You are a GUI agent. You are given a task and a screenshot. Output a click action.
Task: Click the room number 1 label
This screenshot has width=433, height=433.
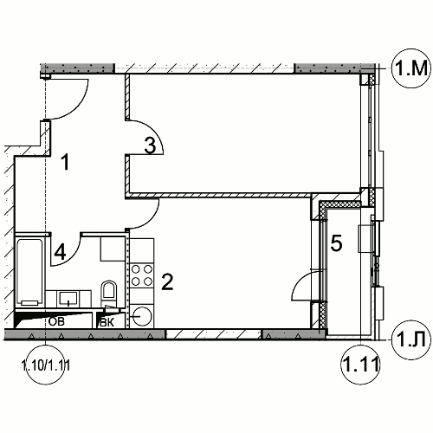(x=66, y=162)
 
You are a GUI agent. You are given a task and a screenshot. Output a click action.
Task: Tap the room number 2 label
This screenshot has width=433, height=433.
(x=167, y=281)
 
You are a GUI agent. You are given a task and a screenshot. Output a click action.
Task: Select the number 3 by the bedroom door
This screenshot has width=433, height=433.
(x=150, y=145)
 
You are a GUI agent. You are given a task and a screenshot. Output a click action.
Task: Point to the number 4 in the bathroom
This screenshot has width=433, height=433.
(x=60, y=252)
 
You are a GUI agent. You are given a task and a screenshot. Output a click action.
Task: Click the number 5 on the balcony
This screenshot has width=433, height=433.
(x=336, y=242)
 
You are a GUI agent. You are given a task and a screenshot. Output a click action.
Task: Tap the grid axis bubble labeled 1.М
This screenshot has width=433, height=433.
(x=411, y=68)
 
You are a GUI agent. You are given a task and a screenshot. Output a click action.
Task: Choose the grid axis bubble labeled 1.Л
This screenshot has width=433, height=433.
(x=411, y=340)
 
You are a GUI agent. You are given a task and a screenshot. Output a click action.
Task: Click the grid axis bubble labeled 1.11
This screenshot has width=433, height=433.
(x=360, y=365)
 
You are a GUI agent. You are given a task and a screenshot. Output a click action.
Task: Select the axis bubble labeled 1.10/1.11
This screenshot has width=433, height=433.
(x=46, y=365)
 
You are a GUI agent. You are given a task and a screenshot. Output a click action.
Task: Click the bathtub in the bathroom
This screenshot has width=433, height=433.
(x=29, y=272)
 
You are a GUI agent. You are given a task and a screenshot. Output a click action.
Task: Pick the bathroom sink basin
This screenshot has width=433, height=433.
(x=68, y=298)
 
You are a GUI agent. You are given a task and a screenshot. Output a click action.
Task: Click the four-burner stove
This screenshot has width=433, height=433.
(x=142, y=275)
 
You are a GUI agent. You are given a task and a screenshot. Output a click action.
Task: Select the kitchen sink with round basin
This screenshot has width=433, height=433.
(x=142, y=316)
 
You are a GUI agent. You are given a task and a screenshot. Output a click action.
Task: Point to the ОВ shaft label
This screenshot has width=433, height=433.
(x=56, y=321)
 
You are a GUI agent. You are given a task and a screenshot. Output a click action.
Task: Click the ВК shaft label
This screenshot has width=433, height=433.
(x=107, y=322)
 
